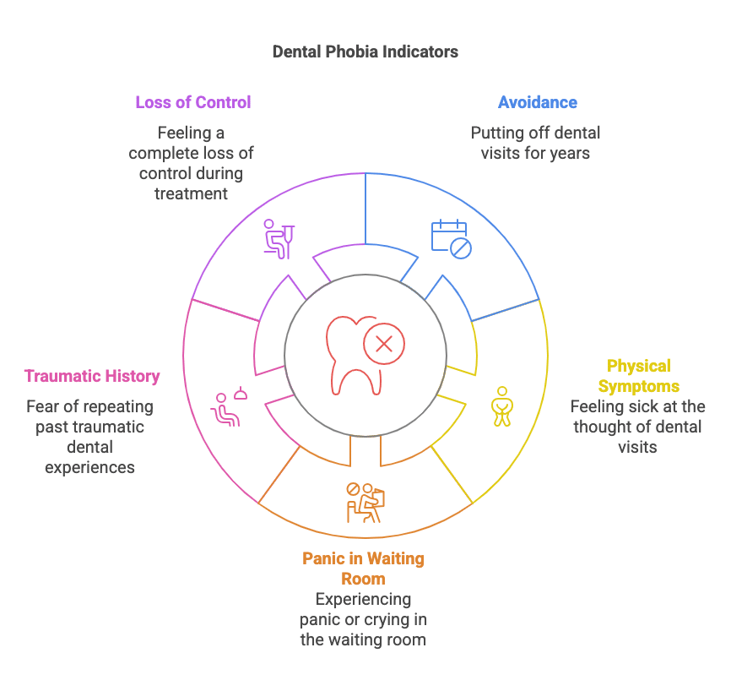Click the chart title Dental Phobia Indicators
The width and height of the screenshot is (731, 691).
click(365, 52)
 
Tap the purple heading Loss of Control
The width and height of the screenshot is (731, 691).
click(193, 102)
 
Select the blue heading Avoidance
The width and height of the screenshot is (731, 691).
click(538, 102)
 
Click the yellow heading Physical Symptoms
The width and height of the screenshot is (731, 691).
click(638, 376)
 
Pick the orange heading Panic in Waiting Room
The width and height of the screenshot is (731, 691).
click(363, 569)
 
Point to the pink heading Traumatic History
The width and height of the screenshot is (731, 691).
click(92, 376)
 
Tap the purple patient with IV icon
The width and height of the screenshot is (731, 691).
click(278, 237)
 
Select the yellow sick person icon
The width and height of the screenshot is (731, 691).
click(501, 406)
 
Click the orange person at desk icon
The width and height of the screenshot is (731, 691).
click(365, 502)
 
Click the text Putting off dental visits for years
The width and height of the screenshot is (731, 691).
click(535, 143)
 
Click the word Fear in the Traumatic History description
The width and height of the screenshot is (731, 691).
click(44, 406)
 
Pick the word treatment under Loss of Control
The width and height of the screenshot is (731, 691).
click(191, 193)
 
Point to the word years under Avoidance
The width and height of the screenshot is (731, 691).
click(570, 153)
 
